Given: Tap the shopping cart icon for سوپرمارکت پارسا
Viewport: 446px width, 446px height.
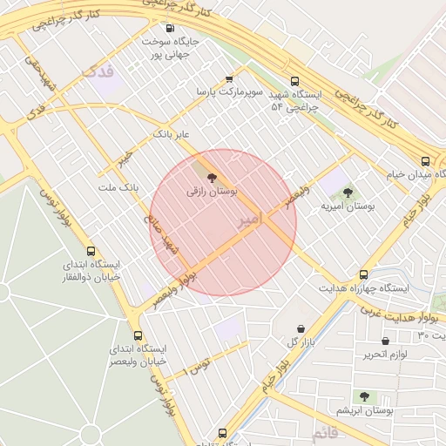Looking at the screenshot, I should (229, 78).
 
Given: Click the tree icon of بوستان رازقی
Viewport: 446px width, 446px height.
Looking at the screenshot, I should (214, 177).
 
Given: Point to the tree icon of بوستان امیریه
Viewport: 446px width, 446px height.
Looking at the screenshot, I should (348, 193).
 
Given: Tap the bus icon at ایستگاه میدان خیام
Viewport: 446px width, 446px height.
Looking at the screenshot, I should (425, 161).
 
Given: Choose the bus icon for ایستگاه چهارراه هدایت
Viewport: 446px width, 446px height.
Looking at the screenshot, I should (363, 274).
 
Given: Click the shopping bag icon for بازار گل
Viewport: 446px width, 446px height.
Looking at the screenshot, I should (301, 328).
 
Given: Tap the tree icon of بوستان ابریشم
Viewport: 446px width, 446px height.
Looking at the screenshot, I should (364, 396).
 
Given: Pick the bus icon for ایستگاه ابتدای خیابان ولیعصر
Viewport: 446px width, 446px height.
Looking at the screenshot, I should (137, 335).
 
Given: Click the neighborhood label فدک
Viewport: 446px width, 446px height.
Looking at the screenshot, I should (95, 69).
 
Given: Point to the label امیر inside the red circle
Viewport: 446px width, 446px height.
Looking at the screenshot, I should (248, 220).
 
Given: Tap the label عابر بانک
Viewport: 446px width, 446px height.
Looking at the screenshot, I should (171, 134).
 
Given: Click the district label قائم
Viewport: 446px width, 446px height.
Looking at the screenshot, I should (323, 431).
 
